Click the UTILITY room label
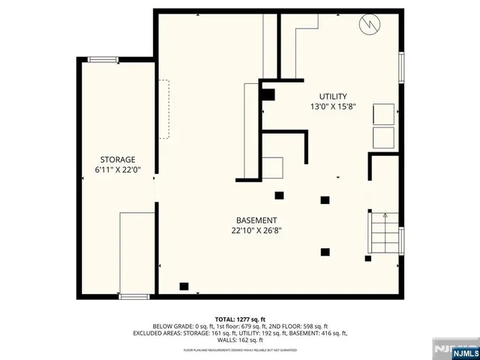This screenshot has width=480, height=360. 333,96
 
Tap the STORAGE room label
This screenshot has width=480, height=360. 118,160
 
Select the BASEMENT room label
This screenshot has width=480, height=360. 256,220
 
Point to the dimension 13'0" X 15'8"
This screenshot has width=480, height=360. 333,106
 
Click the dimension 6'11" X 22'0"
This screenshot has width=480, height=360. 118,170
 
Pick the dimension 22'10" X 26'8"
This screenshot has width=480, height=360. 256,231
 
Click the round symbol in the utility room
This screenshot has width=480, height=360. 369,25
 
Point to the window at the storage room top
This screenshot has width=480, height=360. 100,59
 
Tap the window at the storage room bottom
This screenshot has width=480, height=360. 134,297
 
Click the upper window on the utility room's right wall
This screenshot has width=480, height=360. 401,67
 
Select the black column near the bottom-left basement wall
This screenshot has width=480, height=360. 184,286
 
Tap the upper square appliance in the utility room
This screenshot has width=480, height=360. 383,113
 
